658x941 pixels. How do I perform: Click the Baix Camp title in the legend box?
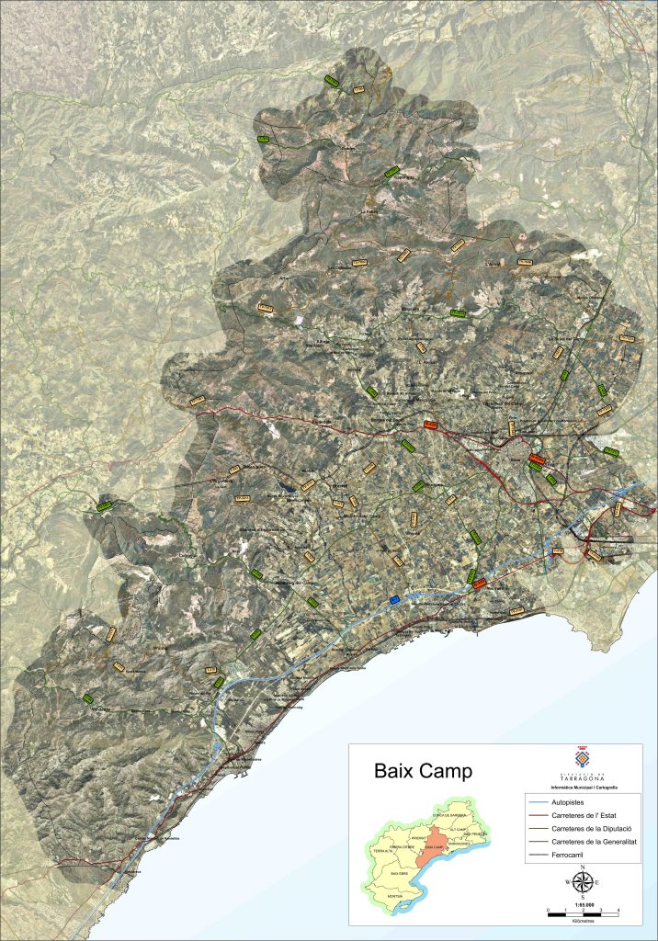click(423, 771)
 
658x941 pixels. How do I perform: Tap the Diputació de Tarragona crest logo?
click(581, 759)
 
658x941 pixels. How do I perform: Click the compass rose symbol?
click(582, 883)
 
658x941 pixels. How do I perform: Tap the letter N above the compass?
click(582, 867)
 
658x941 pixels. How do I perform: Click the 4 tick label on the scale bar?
click(618, 910)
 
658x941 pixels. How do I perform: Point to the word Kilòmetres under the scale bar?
click(582, 922)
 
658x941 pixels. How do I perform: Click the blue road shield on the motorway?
click(395, 599)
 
